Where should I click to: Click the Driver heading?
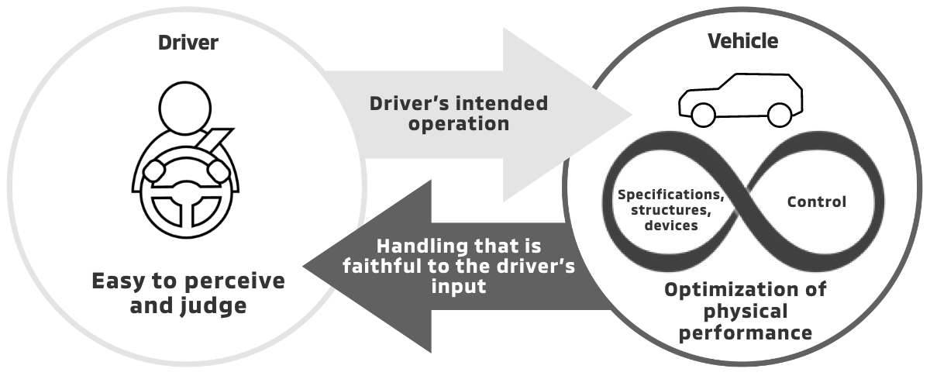[x=188, y=42]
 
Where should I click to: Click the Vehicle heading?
[x=742, y=40]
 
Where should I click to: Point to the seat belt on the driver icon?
[x=214, y=143]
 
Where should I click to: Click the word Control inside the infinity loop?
[x=816, y=202]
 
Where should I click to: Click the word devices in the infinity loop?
[x=671, y=226]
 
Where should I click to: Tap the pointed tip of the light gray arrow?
[x=631, y=115]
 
